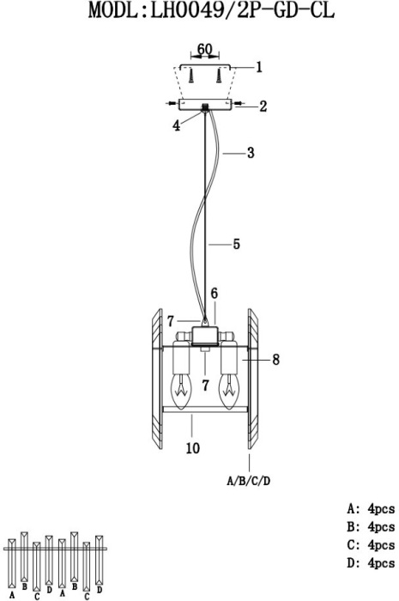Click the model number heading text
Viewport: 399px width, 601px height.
pyautogui.click(x=211, y=10)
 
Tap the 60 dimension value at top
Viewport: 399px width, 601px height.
pyautogui.click(x=204, y=49)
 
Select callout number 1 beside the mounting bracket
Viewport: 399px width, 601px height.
pyautogui.click(x=259, y=67)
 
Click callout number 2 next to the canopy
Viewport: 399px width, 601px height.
pyautogui.click(x=263, y=106)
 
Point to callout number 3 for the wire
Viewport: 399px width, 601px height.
pyautogui.click(x=251, y=153)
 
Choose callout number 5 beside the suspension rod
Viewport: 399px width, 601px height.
pyautogui.click(x=236, y=244)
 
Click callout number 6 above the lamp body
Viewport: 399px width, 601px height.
pyautogui.click(x=214, y=294)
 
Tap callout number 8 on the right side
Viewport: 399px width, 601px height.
pyautogui.click(x=275, y=360)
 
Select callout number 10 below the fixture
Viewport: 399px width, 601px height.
pyautogui.click(x=193, y=447)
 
